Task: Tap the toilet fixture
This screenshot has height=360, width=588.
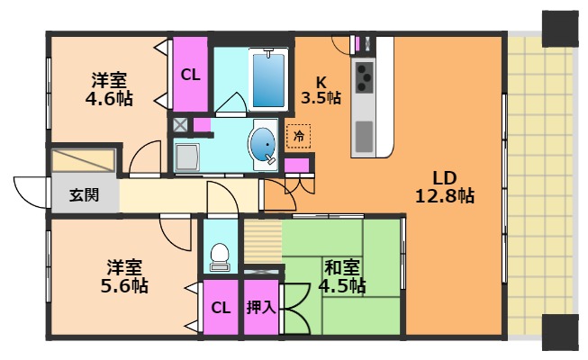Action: pos(218,257)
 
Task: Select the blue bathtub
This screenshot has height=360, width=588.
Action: pos(267,79)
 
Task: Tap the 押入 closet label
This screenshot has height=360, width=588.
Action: pos(261,307)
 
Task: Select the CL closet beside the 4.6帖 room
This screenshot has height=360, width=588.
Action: pos(190,75)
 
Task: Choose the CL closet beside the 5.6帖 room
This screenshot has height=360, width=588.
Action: pos(221,308)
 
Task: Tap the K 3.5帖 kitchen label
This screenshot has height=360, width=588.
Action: pos(321,88)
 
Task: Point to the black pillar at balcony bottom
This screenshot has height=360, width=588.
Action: pos(558,334)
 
